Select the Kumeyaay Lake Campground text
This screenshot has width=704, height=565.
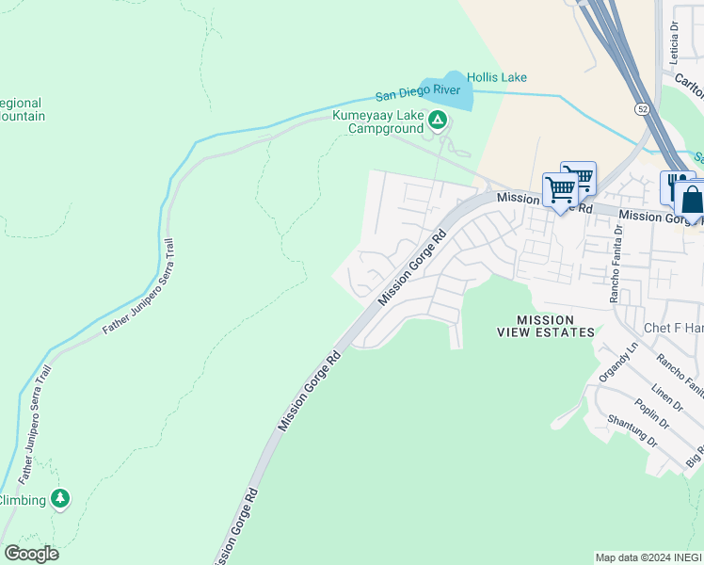(x=376, y=121)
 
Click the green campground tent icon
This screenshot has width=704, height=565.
(x=437, y=120)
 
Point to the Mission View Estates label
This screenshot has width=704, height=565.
(x=546, y=326)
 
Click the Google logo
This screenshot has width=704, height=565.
(x=31, y=554)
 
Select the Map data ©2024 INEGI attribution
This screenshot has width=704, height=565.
(x=648, y=557)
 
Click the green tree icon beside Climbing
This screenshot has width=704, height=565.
(x=60, y=498)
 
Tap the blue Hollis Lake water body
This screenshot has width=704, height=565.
(x=447, y=87)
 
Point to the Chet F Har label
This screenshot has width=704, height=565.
(x=673, y=328)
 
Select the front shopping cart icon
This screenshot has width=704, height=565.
(x=560, y=189)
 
